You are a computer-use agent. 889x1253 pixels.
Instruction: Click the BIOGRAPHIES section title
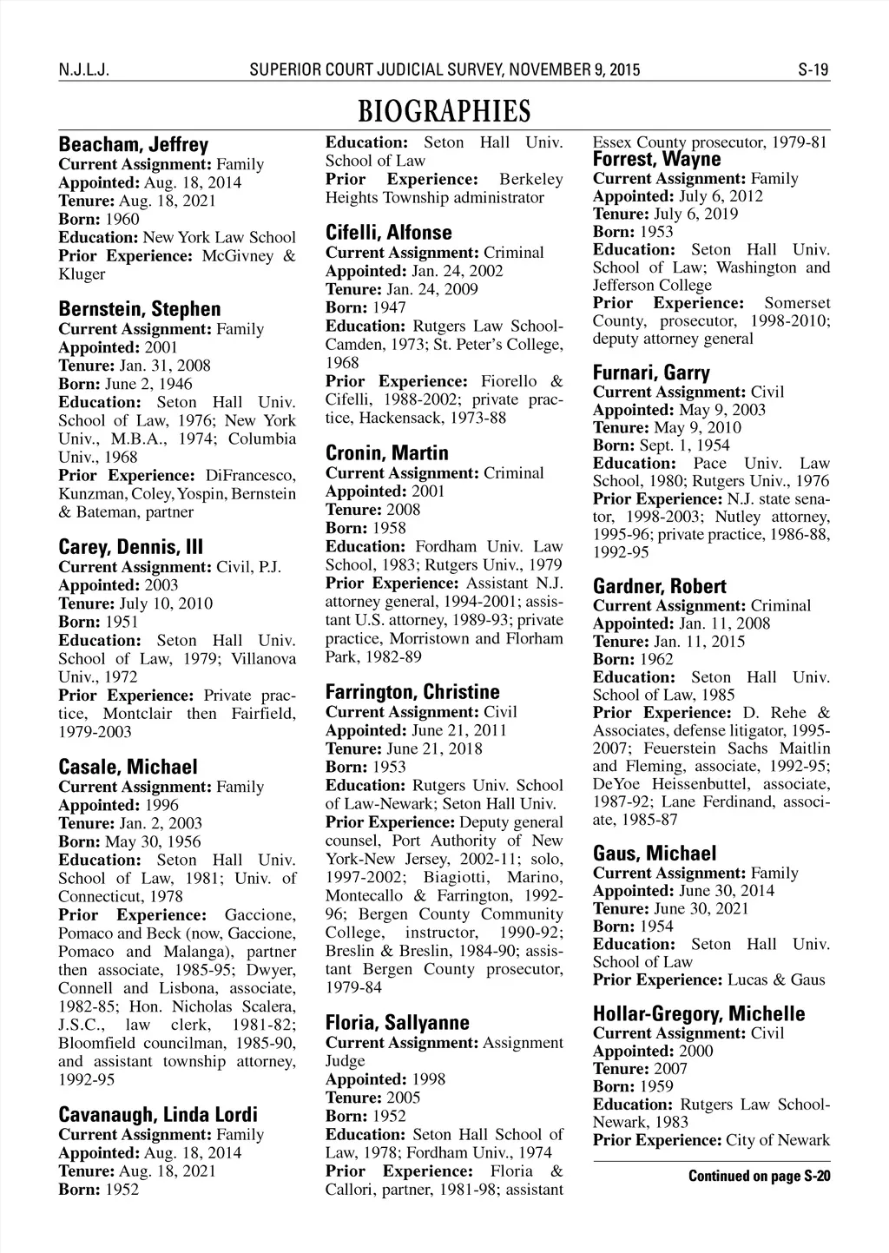[x=444, y=111]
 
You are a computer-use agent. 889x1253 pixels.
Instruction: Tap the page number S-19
[x=813, y=69]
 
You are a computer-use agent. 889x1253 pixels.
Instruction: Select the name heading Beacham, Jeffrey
[x=133, y=144]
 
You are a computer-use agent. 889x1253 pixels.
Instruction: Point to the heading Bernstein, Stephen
[x=139, y=309]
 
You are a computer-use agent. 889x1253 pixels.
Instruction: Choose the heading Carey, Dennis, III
[x=130, y=547]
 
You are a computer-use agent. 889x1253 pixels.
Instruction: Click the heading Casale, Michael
[x=128, y=767]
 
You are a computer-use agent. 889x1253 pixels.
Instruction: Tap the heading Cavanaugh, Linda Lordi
[x=157, y=1114]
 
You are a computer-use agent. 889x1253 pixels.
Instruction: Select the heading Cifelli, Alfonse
[x=388, y=233]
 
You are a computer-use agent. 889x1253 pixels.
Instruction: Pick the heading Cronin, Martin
[x=386, y=453]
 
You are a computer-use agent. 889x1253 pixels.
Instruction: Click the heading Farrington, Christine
[x=412, y=692]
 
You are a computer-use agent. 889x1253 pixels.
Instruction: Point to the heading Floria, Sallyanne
[x=397, y=1022]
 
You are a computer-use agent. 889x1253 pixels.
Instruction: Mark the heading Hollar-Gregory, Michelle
[x=698, y=1013]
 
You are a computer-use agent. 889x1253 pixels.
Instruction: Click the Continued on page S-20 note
[x=759, y=1177]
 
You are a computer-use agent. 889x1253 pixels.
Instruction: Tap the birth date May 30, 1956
[x=153, y=841]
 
